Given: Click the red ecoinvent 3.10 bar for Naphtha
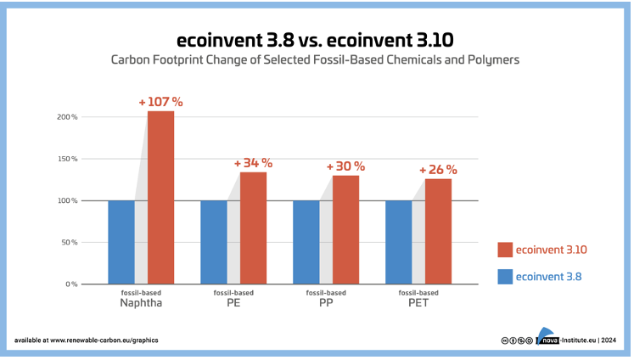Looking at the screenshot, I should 160,197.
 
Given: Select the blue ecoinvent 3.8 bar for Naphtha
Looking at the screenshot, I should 121,242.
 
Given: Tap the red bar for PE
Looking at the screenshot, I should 253,228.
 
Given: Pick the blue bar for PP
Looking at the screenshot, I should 306,242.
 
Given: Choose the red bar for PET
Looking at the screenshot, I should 438,231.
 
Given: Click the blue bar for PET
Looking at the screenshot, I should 399,242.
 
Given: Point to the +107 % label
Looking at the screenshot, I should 160,102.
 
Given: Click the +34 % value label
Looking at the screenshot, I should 252,163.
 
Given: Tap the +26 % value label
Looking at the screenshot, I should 438,170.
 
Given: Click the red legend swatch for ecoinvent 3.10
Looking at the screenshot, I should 505,250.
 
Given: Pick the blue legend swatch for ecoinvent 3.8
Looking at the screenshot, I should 505,276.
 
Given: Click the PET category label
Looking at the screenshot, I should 418,302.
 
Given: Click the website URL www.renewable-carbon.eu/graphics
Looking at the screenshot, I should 104,340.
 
